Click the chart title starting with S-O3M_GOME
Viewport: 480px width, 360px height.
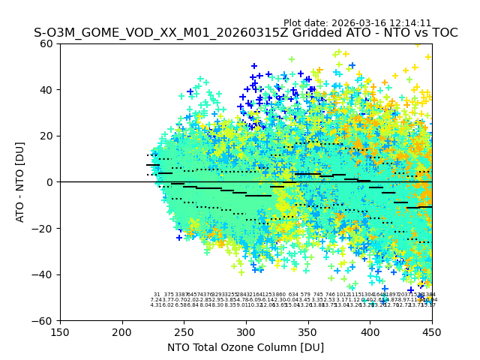click(245, 33)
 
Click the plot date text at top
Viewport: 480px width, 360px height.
click(357, 23)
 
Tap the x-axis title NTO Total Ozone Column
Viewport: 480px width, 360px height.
click(245, 347)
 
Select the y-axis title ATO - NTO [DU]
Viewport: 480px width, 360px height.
click(21, 181)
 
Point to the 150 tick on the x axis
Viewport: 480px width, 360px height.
click(60, 331)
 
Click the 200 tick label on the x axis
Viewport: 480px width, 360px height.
click(122, 331)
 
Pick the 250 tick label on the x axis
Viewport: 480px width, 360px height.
click(184, 331)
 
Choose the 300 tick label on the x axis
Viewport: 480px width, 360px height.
click(246, 331)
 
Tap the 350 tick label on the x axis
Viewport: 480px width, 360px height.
click(307, 331)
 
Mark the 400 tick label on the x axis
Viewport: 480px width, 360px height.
click(370, 331)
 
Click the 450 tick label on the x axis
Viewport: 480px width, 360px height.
click(431, 331)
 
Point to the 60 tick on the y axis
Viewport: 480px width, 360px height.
click(46, 43)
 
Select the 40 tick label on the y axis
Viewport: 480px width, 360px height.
click(46, 90)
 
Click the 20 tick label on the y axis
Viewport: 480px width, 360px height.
click(46, 136)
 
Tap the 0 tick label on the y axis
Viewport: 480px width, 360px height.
click(49, 182)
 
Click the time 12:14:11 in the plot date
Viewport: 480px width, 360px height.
click(409, 23)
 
